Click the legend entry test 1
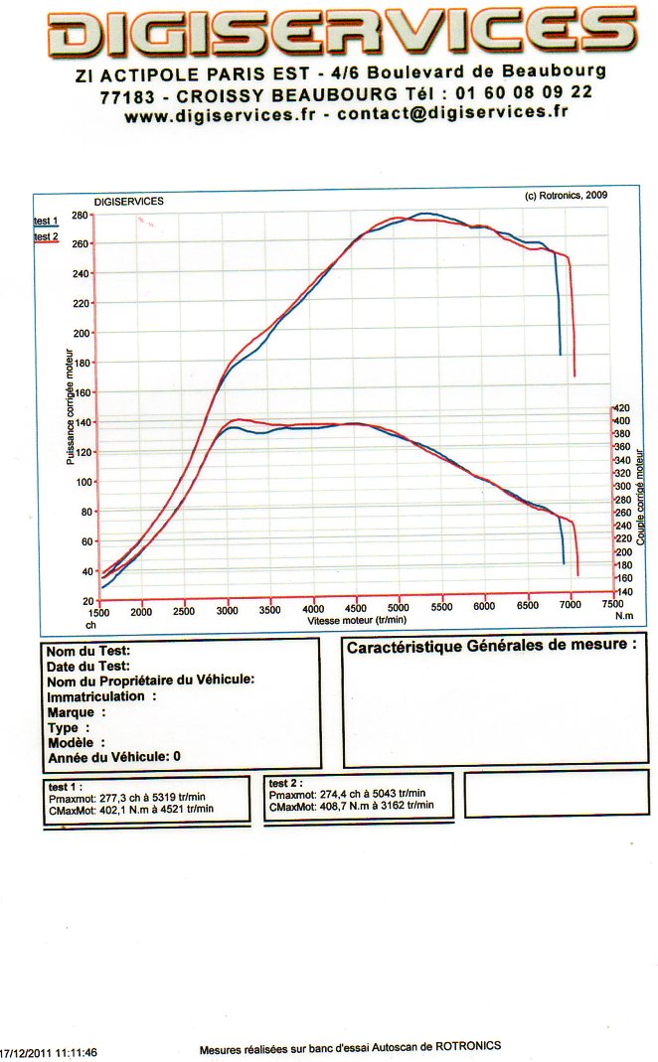[46, 221]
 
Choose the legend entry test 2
[46, 237]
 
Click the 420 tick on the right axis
[623, 407]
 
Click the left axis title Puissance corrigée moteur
[71, 406]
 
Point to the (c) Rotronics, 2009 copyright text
[566, 196]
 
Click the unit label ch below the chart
[90, 625]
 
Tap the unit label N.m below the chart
[623, 616]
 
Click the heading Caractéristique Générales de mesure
[491, 646]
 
